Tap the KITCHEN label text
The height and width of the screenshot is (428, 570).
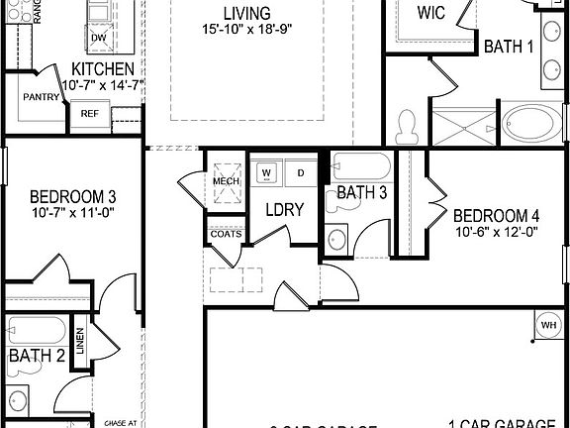(x=103, y=69)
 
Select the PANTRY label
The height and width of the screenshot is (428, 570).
(x=42, y=97)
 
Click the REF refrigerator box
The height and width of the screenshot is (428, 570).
(x=89, y=114)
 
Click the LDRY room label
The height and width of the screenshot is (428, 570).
(x=283, y=209)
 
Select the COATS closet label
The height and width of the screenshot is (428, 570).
(x=224, y=234)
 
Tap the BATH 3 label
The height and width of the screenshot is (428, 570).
(x=361, y=192)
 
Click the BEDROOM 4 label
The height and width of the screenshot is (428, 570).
(x=497, y=216)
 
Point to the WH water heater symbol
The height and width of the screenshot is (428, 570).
(x=549, y=324)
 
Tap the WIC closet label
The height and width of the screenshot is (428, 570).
(x=430, y=13)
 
